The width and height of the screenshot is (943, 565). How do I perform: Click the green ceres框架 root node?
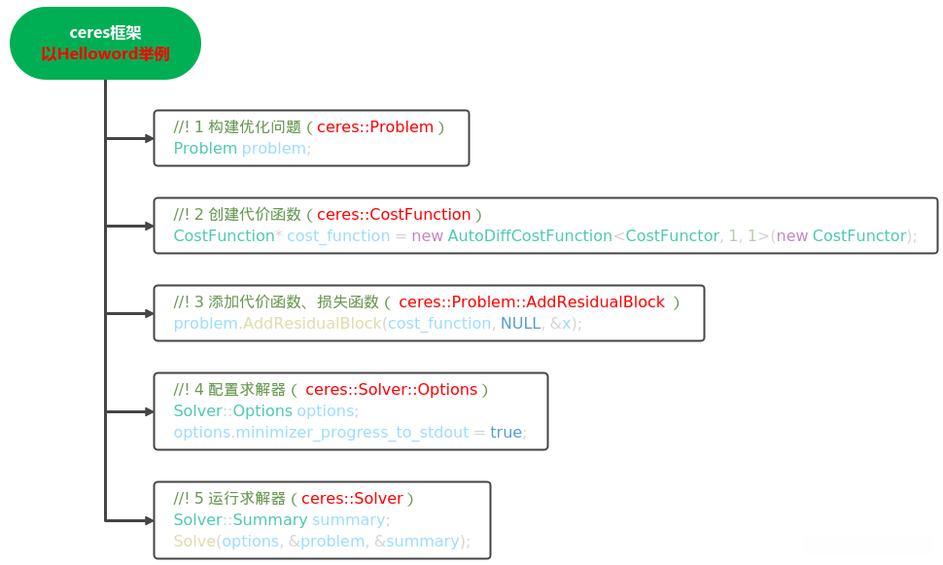coord(105,43)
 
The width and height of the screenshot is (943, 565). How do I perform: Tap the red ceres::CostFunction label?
coord(394,214)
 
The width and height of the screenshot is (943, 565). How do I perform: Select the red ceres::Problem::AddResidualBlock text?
coord(532,301)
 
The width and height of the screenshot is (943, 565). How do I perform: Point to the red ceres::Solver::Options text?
coord(391,389)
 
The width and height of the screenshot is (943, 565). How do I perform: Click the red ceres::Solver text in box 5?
coord(352,498)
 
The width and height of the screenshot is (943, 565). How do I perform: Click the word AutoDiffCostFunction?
coord(529,235)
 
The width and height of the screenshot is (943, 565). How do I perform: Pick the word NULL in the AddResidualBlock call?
coord(520,323)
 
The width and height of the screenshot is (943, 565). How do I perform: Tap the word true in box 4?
coord(506,432)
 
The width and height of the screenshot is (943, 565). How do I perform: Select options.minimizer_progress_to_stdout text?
coord(321,432)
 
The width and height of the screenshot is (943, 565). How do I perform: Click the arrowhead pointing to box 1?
coord(149,138)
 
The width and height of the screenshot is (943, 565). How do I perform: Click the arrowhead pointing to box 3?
coord(149,313)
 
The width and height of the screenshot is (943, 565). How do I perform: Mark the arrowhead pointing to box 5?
coord(149,520)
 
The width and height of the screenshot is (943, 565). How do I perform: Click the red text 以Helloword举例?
coord(105,54)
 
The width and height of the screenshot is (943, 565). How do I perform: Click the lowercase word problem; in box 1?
coord(276,149)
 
